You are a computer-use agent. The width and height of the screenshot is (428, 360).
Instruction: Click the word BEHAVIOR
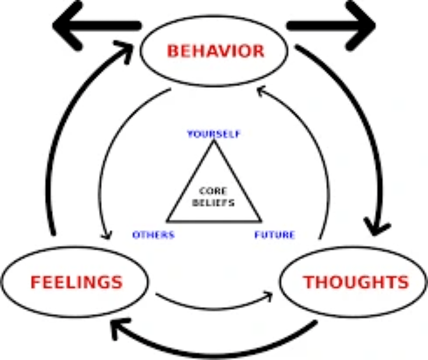[x=215, y=51]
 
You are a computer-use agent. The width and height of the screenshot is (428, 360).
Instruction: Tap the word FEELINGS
[x=76, y=282]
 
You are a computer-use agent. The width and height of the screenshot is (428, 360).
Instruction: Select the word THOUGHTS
[x=356, y=282]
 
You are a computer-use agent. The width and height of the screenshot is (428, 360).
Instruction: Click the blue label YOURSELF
[x=214, y=134]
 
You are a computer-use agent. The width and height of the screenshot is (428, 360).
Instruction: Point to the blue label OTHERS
[x=153, y=235]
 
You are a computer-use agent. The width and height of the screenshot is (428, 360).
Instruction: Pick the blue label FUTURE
[x=275, y=235]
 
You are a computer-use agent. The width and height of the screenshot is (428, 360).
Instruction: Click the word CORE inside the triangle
[x=213, y=191]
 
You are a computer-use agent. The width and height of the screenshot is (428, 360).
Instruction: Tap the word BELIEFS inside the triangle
[x=213, y=203]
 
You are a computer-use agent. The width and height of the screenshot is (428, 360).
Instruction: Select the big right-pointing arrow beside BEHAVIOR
[x=331, y=26]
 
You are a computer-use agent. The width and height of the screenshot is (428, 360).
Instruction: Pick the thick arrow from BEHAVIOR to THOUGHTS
[x=363, y=115]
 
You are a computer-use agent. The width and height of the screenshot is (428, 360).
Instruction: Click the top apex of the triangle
[x=214, y=140]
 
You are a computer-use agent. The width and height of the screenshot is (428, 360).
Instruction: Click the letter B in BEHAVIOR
[x=173, y=51]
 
